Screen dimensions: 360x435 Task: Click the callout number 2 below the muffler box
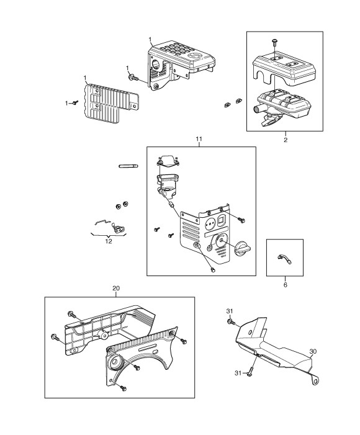(286, 140)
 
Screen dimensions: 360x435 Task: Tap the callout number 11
(199, 139)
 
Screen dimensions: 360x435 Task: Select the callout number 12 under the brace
(109, 241)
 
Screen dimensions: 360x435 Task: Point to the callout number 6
(286, 285)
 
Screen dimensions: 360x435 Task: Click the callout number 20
(116, 289)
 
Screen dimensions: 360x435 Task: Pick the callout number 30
(313, 351)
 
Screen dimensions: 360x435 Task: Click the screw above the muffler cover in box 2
(274, 43)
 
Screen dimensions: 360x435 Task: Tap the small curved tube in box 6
(284, 259)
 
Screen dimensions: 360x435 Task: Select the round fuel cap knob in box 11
(243, 248)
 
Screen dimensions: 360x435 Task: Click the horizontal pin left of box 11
(128, 166)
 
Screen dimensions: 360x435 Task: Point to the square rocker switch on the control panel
(222, 220)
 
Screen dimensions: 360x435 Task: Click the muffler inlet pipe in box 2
(258, 109)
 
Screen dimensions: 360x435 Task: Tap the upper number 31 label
(230, 312)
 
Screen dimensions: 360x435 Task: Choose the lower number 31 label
(238, 373)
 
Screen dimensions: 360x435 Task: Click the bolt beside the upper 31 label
(231, 322)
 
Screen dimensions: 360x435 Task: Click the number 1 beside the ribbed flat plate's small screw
(66, 103)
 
